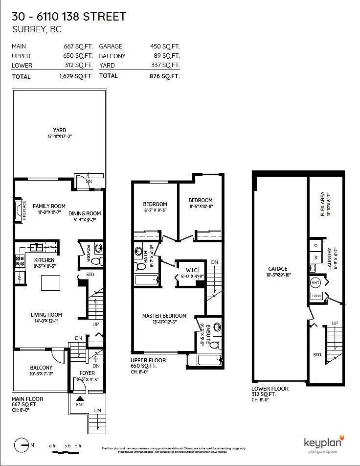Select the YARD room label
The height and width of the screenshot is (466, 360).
pyautogui.click(x=60, y=130)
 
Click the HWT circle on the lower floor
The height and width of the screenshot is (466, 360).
pyautogui.click(x=315, y=283)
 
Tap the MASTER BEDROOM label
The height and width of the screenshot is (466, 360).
pyautogui.click(x=164, y=316)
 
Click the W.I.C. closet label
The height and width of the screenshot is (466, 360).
pyautogui.click(x=191, y=270)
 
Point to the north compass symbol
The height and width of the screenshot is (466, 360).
pyautogui.click(x=21, y=445)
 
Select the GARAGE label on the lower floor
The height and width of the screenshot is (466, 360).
pyautogui.click(x=277, y=269)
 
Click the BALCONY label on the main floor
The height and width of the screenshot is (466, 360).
pyautogui.click(x=41, y=368)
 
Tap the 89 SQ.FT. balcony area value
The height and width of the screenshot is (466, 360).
pyautogui.click(x=166, y=56)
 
